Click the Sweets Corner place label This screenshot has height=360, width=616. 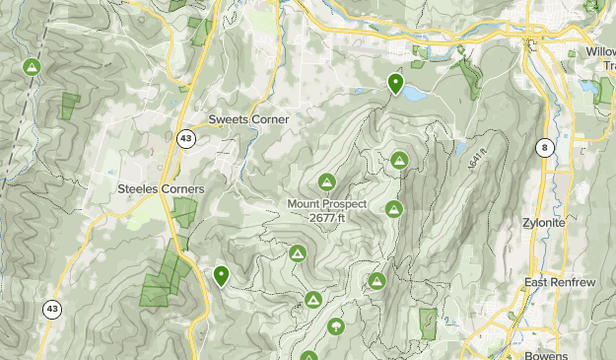[x=248, y=119]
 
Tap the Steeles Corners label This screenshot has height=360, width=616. [x=161, y=188]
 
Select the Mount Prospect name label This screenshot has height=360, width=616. [x=327, y=204]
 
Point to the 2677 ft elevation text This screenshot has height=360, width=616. [x=327, y=218]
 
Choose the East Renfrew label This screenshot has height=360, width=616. [x=561, y=283]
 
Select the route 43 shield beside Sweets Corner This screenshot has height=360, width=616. [x=186, y=139]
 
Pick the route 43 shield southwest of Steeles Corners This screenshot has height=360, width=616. [x=50, y=310]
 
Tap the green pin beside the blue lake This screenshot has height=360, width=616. [x=395, y=84]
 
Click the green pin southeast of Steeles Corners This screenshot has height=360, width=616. [x=221, y=276]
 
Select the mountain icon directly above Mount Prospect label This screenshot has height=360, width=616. [x=326, y=181]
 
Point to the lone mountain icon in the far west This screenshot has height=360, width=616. [x=32, y=68]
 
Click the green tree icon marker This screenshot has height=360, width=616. [x=336, y=325]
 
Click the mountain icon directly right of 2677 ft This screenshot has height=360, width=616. [x=394, y=209]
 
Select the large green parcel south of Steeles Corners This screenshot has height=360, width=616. [x=163, y=281]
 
